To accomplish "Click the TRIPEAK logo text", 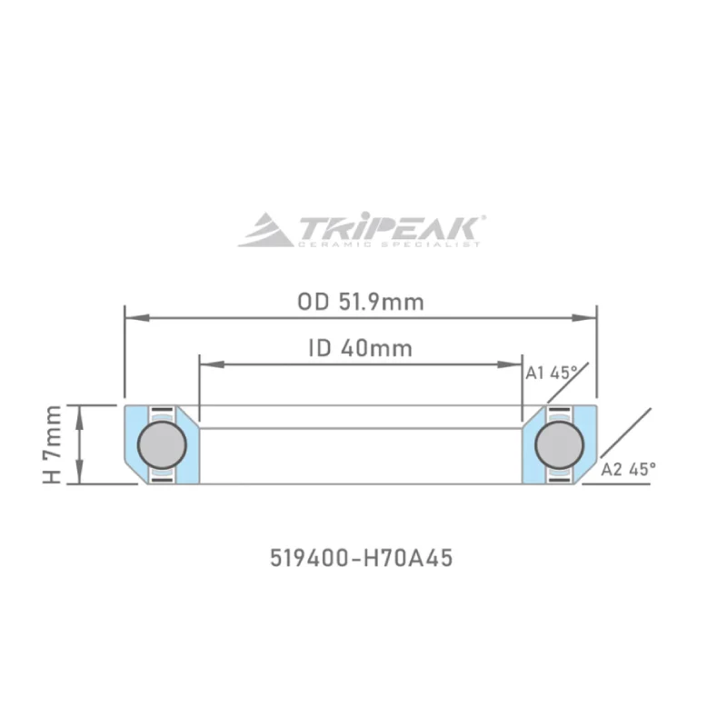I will click(x=391, y=226).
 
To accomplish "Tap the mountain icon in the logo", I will click(x=265, y=231).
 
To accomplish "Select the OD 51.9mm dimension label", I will click(x=361, y=302).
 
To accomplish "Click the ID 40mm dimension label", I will click(x=360, y=348).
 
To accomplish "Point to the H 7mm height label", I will click(x=54, y=444).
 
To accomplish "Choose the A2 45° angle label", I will click(x=629, y=469).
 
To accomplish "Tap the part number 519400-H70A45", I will click(x=361, y=558).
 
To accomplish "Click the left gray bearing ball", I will click(x=161, y=444).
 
